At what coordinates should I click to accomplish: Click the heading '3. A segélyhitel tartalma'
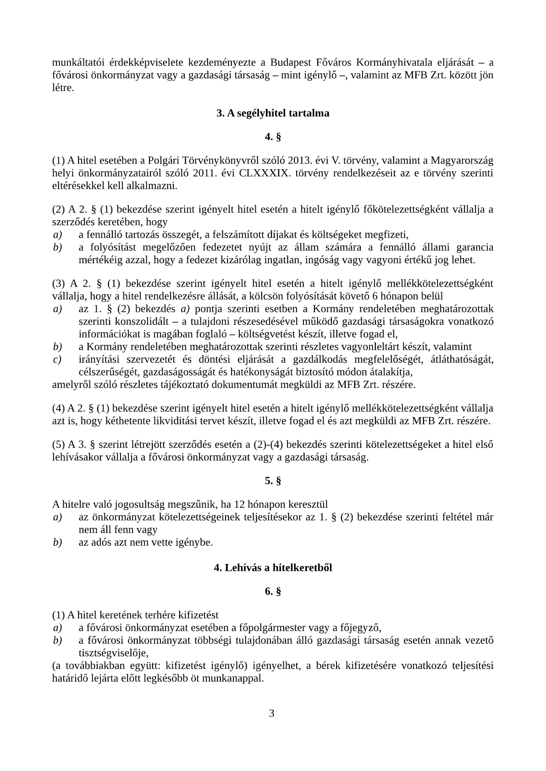click(x=273, y=113)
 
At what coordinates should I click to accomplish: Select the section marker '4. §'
click(x=273, y=136)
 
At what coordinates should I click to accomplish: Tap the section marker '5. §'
click(x=273, y=480)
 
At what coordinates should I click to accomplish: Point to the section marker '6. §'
click(x=273, y=591)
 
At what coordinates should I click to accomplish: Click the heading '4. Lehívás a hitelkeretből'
click(x=273, y=568)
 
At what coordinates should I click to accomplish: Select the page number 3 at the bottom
click(x=272, y=713)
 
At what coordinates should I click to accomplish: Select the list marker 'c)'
click(x=57, y=359)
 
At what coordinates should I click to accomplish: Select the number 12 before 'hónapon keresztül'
click(x=239, y=505)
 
